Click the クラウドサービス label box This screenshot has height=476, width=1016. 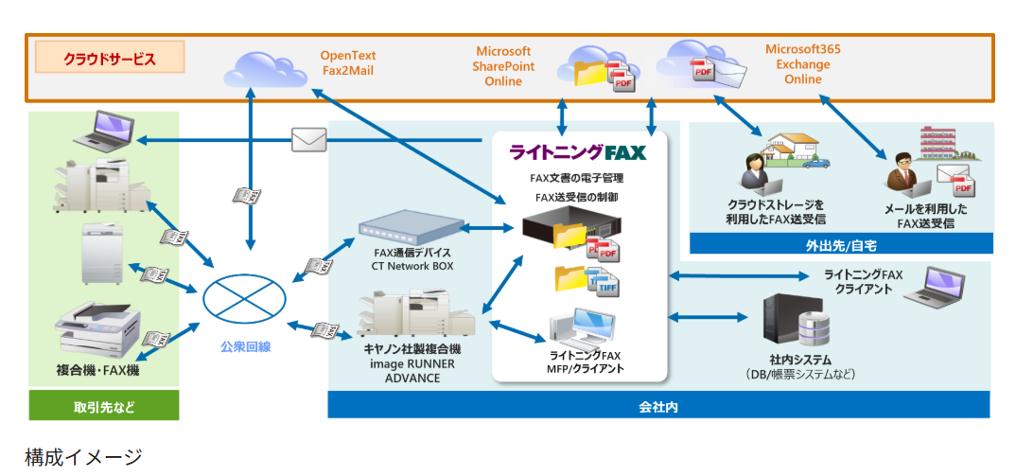110,59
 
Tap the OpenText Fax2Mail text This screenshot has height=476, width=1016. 348,62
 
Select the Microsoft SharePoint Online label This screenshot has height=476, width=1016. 503,66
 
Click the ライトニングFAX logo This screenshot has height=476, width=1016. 578,152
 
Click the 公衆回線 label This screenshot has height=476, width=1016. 244,347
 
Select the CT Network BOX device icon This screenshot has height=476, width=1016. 411,228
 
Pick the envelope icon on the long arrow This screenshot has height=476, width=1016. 308,140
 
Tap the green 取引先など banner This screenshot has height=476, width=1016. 104,407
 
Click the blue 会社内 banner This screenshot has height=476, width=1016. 659,407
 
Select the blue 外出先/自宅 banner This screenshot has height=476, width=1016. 841,244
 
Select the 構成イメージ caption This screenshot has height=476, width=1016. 83,457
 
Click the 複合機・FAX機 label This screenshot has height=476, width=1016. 97,371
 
